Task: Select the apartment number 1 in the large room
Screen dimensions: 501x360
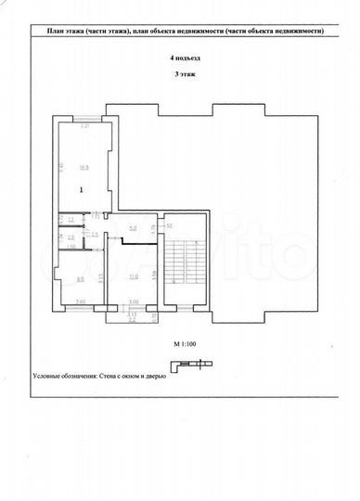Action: point(82,189)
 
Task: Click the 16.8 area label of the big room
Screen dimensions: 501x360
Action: point(84,168)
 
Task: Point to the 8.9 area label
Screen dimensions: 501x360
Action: point(80,278)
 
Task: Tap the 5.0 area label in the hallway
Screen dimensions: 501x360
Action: point(133,228)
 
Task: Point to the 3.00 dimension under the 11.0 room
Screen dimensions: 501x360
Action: point(133,303)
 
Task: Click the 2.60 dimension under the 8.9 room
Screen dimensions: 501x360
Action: point(80,303)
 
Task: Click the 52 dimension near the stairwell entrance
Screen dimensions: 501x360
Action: point(170,225)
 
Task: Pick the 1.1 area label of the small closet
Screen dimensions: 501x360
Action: point(71,219)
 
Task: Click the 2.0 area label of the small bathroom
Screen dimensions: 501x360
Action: point(71,238)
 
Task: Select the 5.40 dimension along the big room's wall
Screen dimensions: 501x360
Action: point(61,168)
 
